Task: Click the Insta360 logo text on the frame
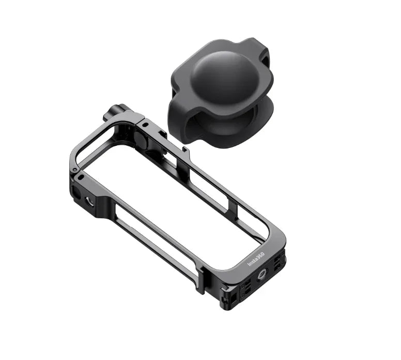tap(256, 259)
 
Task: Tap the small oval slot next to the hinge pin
tap(81, 177)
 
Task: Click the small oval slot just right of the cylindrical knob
tap(146, 125)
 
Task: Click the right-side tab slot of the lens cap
tap(265, 61)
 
